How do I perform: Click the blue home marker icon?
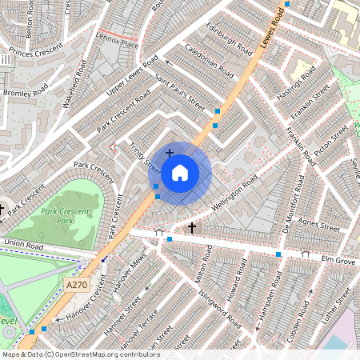tap(180, 172)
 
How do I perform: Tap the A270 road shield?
tap(77, 285)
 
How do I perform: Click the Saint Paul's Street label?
tap(181, 94)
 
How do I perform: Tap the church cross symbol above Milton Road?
tap(192, 228)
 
